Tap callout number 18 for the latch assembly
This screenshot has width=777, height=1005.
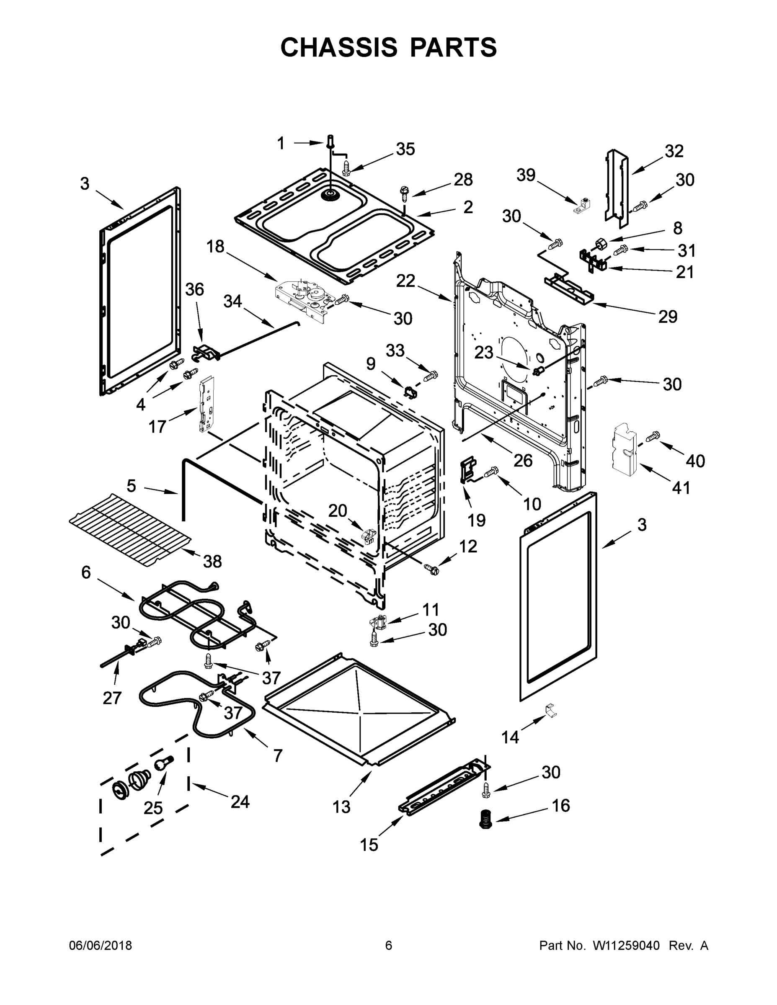(215, 247)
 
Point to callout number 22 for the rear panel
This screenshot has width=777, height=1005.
(405, 280)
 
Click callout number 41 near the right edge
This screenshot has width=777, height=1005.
(681, 487)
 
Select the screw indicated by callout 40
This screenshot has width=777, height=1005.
(653, 436)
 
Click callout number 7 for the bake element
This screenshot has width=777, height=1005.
(278, 755)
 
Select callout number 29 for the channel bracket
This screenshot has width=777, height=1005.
(667, 317)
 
